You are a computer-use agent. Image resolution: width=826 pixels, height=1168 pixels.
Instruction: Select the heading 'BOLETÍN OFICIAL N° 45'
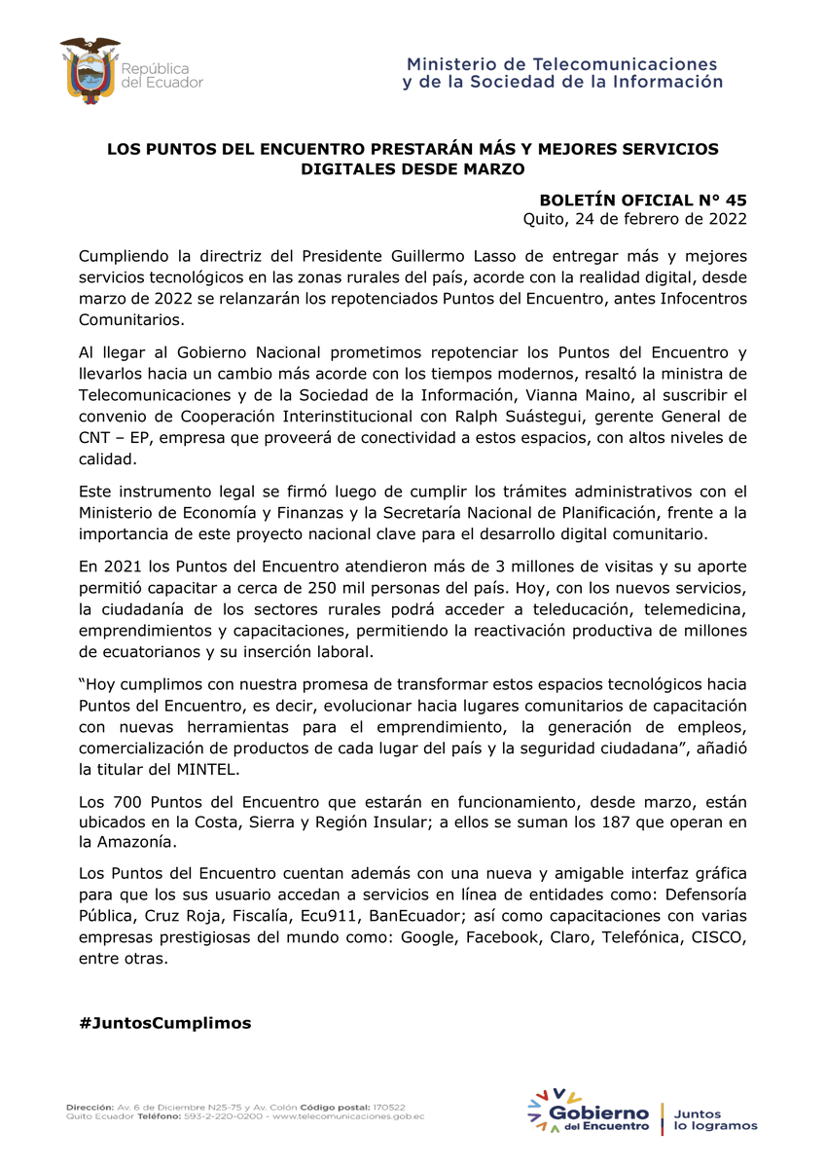pos(643,200)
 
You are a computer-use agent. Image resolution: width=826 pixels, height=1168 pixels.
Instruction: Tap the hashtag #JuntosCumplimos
pos(164,1023)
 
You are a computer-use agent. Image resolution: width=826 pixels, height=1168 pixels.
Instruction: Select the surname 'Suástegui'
pos(555,416)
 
